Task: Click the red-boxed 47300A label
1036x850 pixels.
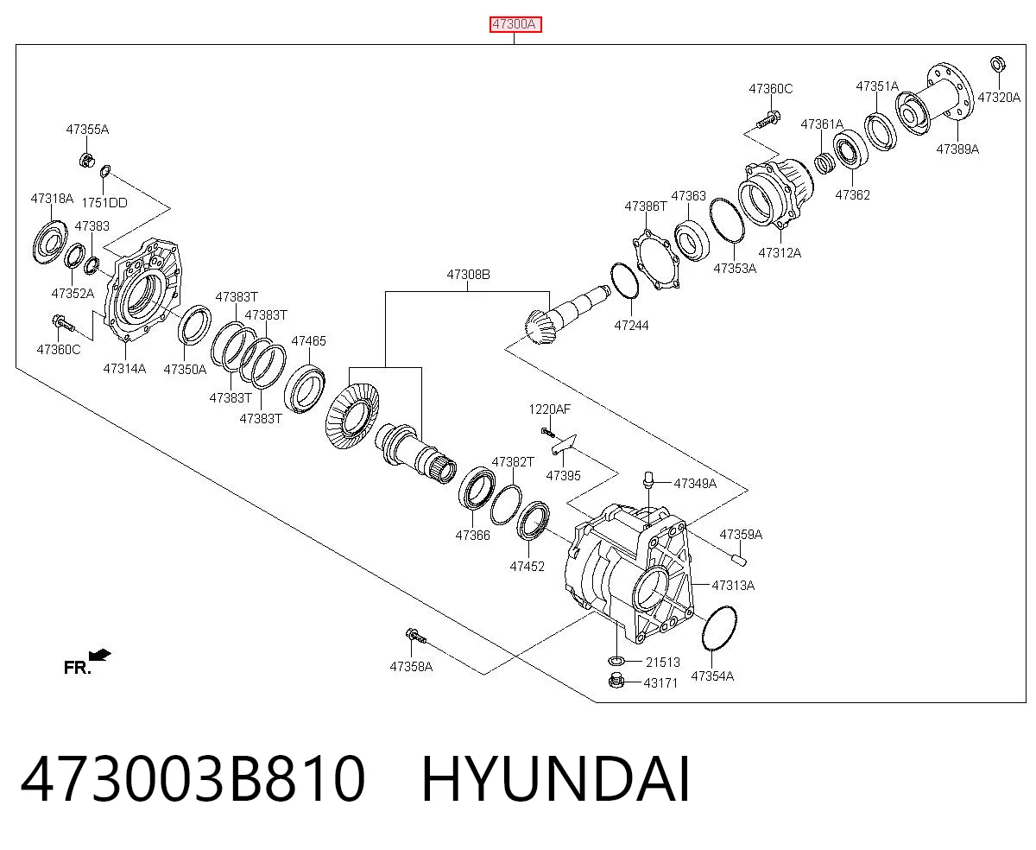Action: tap(515, 24)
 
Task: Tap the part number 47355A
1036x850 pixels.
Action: tap(87, 130)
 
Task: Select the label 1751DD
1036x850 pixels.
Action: tap(104, 202)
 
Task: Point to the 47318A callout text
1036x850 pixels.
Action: tap(52, 199)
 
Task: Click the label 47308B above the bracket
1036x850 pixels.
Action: tap(468, 275)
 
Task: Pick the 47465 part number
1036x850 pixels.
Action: tap(308, 340)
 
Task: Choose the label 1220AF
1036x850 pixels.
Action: tap(550, 409)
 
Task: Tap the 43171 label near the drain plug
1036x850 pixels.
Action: tap(660, 683)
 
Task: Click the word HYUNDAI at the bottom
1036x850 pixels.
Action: tap(556, 779)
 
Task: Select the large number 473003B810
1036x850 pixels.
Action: tap(193, 779)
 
